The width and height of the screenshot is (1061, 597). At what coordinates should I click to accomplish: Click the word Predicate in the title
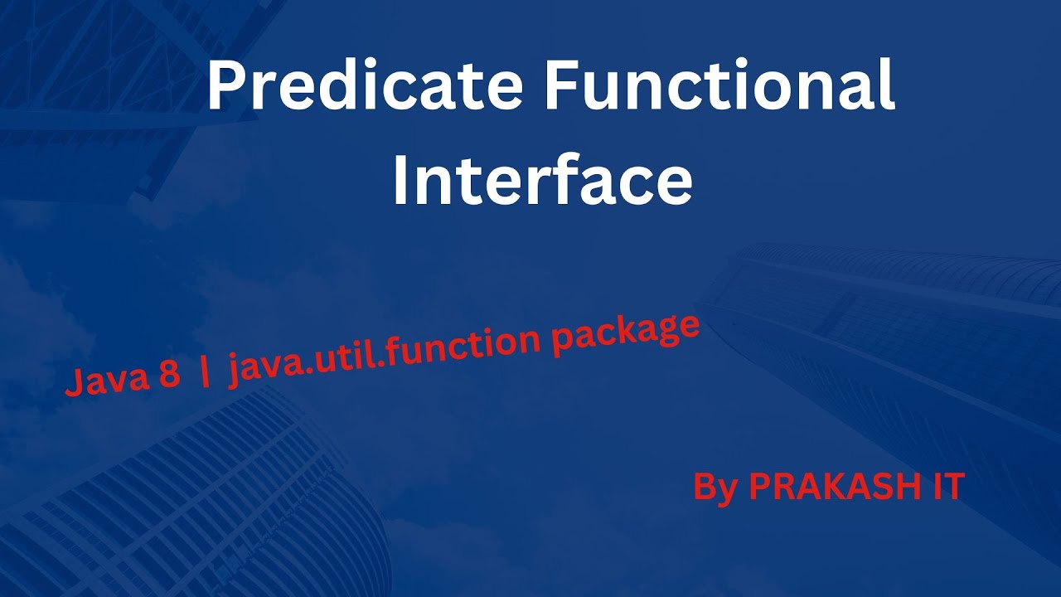tap(366, 87)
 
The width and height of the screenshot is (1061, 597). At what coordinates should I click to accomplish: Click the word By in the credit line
tap(715, 488)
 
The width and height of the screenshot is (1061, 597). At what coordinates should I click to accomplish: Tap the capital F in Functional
tap(561, 87)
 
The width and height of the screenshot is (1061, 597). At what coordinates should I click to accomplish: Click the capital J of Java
tap(73, 386)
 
